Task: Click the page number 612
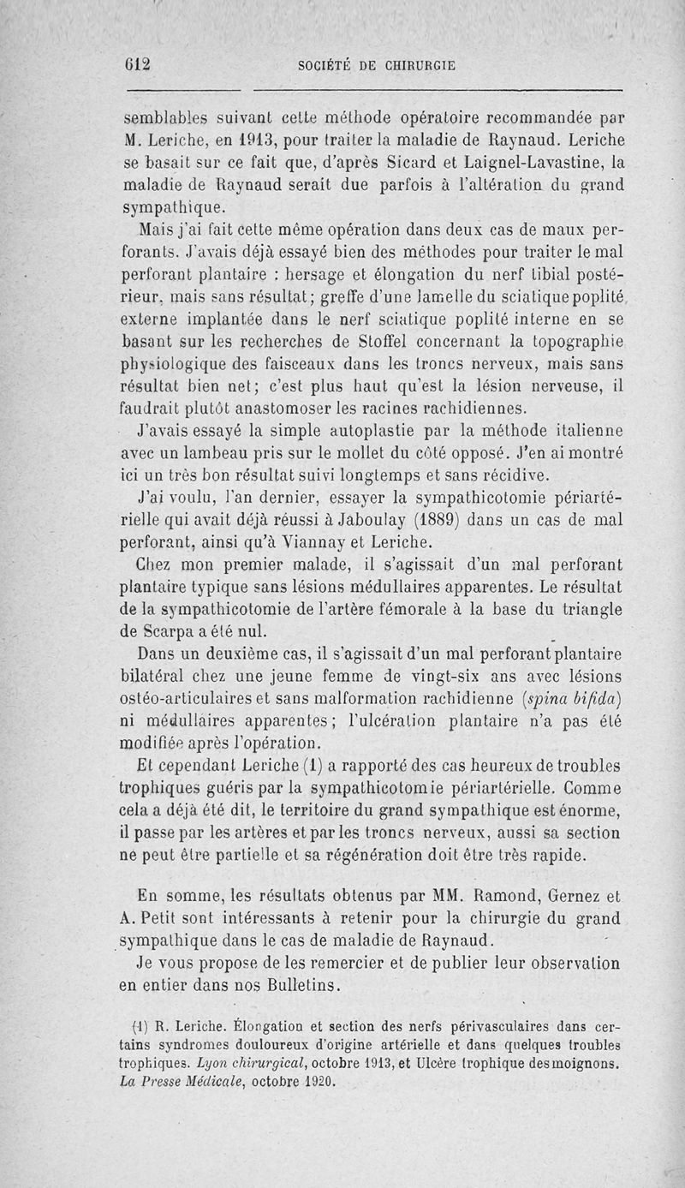click(x=136, y=64)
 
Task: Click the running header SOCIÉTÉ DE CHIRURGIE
click(x=376, y=64)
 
